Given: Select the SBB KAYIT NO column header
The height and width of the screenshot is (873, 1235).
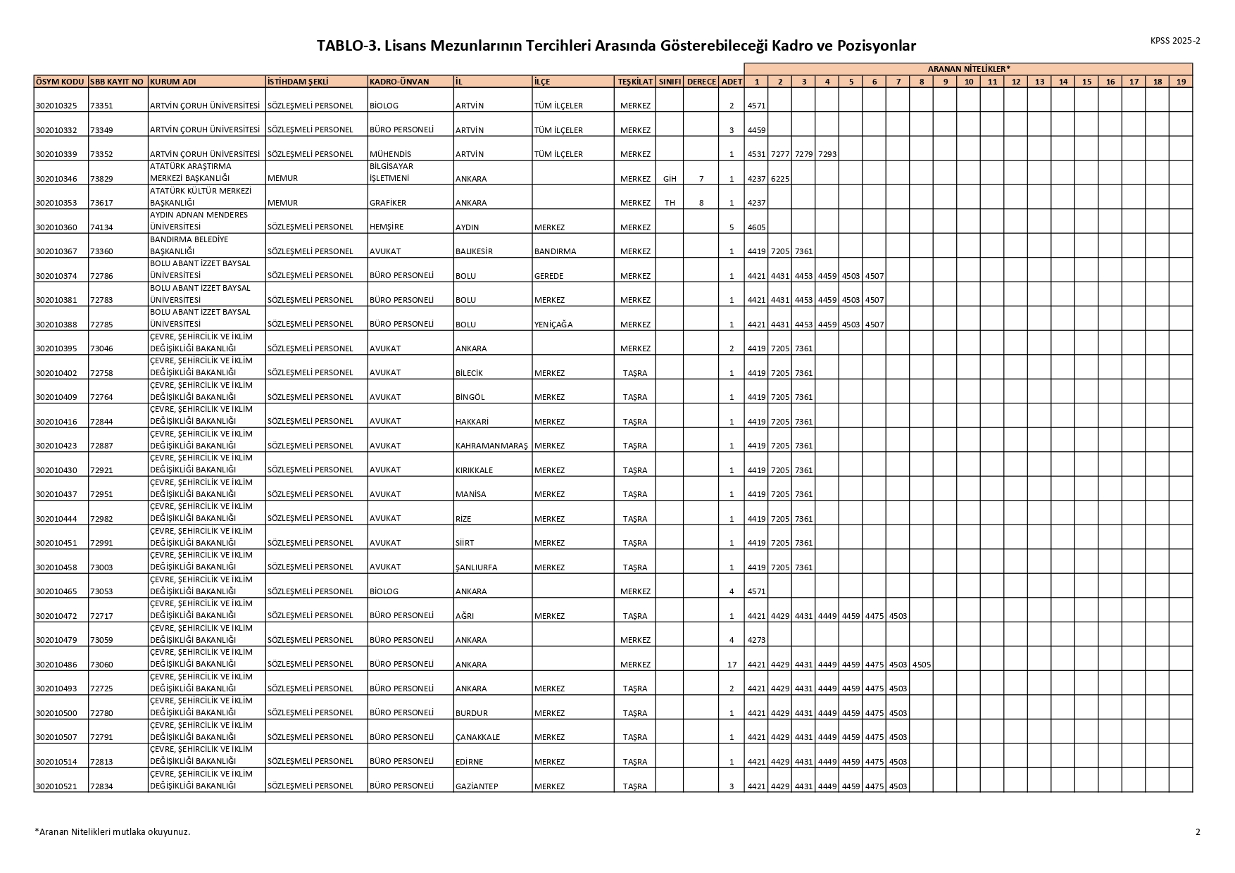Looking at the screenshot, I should tap(118, 82).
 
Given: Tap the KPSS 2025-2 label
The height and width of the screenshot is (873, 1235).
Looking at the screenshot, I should tap(1175, 41).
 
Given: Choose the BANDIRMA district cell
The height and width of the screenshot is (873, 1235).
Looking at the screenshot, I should tap(555, 252).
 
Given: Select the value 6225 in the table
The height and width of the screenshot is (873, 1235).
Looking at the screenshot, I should tap(780, 179).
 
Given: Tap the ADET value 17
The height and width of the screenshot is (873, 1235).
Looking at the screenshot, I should tap(732, 665).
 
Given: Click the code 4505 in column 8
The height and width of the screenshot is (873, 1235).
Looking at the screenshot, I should tap(921, 665).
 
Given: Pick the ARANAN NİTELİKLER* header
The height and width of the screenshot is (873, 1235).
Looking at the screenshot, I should tap(968, 69).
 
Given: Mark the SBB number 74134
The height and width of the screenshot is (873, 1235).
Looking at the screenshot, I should tap(101, 227).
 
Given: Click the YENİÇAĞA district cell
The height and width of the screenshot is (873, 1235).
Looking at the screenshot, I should tap(553, 325).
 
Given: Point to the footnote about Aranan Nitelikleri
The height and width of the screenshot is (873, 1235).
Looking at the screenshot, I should tap(113, 832).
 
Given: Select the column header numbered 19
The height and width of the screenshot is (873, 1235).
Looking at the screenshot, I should tap(1181, 82).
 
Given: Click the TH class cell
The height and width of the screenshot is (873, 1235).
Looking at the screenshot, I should tap(669, 203).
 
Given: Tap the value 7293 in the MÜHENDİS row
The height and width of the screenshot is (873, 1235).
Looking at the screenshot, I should tap(827, 155).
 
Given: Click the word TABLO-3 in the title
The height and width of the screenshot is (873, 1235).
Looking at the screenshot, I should tap(346, 46).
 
